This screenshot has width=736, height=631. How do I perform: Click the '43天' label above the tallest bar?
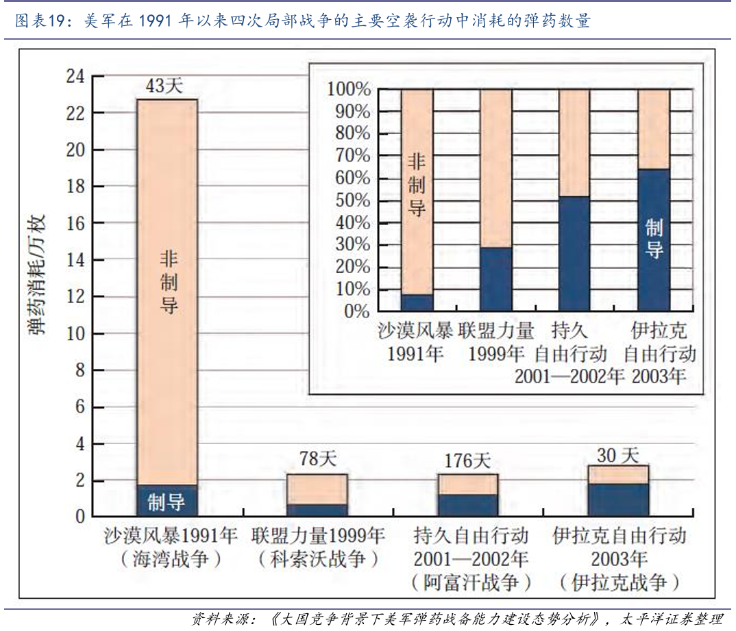click(x=165, y=86)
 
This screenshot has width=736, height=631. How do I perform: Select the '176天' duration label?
click(x=467, y=460)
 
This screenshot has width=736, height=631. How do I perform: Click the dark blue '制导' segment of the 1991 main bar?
click(x=167, y=501)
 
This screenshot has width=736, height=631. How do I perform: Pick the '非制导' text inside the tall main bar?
click(x=169, y=281)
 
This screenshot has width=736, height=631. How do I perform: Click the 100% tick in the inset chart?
click(x=349, y=90)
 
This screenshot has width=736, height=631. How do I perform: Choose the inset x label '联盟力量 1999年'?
click(x=497, y=343)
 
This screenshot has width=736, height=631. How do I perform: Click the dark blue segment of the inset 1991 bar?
click(x=417, y=302)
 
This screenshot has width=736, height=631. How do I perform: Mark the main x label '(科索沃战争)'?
click(x=318, y=559)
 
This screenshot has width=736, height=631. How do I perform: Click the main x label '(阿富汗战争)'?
click(x=471, y=582)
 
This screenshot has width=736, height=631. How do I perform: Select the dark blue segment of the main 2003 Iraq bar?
click(x=618, y=500)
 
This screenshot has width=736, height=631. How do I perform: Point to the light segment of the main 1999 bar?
click(x=317, y=489)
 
